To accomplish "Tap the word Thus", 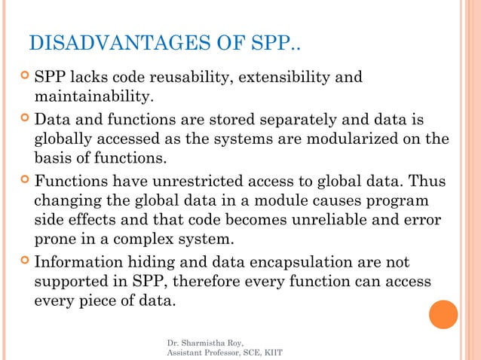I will pos(416,182).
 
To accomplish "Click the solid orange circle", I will pos(443,314).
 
